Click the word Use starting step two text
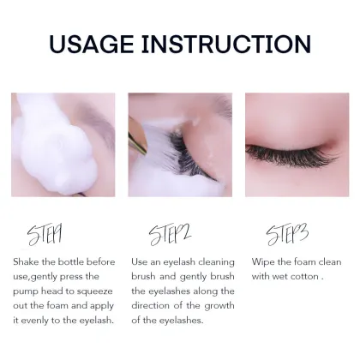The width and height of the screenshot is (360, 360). (x=141, y=261)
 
